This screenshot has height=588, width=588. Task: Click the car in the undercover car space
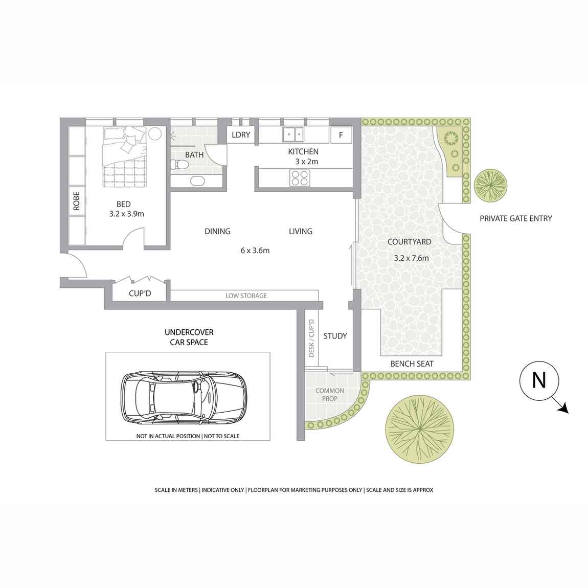184,396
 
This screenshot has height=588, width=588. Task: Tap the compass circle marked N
539,381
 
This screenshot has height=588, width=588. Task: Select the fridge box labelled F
341,135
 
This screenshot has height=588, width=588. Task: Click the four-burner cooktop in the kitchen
299,177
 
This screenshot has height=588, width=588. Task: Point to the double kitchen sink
293,134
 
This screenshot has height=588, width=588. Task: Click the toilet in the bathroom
180,164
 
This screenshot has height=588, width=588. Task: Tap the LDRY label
241,135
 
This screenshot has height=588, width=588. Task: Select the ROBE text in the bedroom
77,201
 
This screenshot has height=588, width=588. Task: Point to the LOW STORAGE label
246,296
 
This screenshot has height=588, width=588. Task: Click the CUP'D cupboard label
139,294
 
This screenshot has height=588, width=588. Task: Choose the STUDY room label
335,336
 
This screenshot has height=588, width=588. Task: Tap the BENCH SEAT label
412,364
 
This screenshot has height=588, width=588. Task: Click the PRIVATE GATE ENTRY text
515,218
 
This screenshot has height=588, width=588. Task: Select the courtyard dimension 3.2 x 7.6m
411,258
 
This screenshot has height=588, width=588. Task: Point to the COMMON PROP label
330,394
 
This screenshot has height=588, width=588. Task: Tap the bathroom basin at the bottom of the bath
197,180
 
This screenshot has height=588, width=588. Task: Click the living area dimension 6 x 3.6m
255,251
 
